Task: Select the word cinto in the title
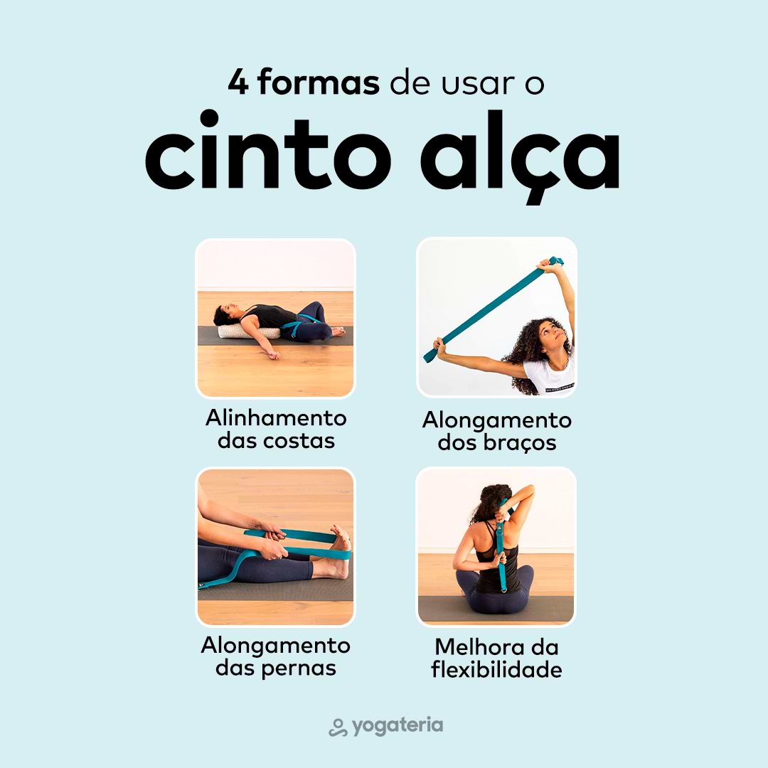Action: (x=268, y=150)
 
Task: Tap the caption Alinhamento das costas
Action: (x=276, y=429)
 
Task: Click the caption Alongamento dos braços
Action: (x=496, y=431)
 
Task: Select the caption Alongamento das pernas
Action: (x=276, y=656)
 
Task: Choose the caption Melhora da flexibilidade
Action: (x=496, y=658)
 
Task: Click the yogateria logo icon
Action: (x=338, y=727)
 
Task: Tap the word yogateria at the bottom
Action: (x=398, y=726)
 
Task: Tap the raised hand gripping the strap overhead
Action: (x=550, y=265)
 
